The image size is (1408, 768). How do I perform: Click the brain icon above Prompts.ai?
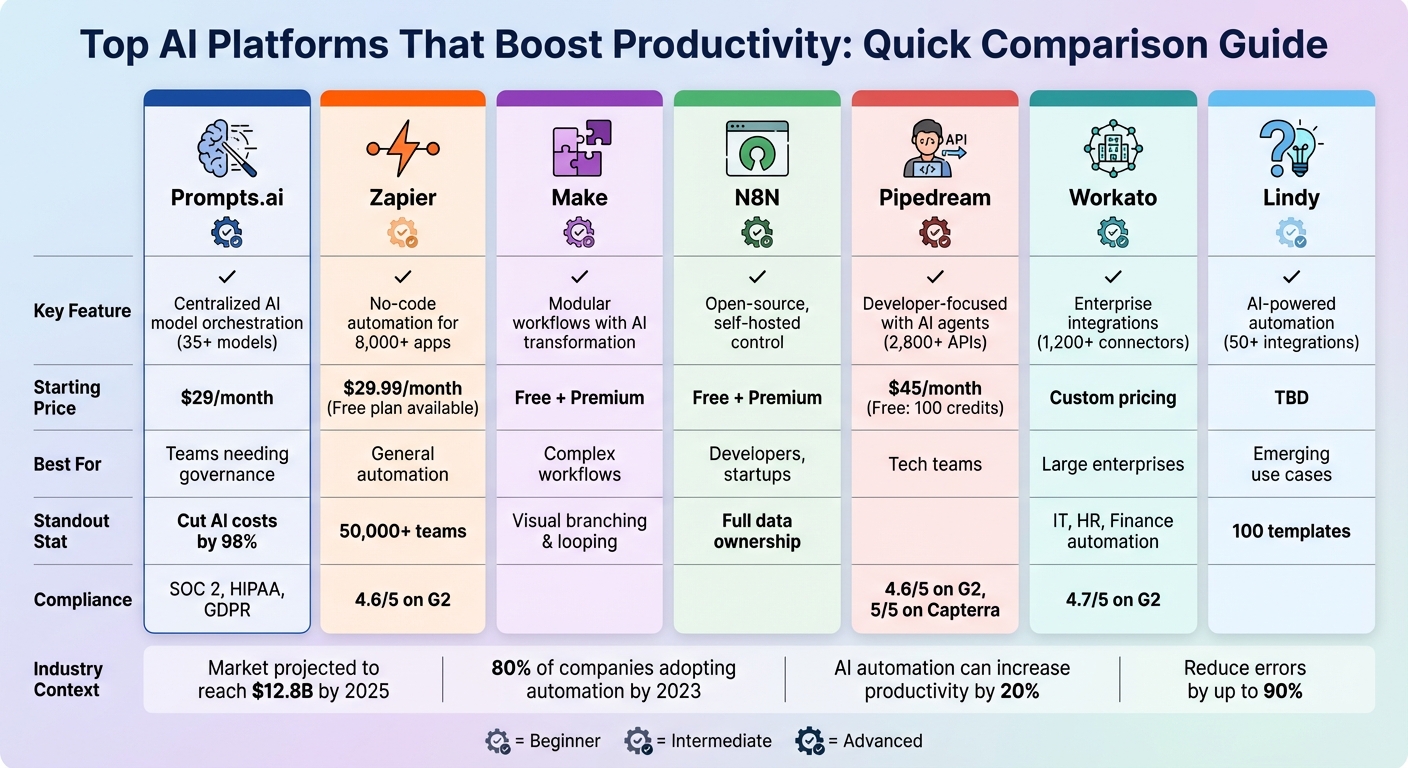[x=226, y=148]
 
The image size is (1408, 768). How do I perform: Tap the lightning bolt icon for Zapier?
[x=402, y=148]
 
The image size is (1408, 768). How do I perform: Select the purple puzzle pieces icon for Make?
[x=581, y=148]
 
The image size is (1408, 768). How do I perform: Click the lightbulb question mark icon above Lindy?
[x=1290, y=148]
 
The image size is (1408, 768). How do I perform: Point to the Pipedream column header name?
[x=935, y=198]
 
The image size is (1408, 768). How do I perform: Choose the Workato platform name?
[x=1112, y=198]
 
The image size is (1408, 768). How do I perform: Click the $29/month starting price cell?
[x=227, y=398]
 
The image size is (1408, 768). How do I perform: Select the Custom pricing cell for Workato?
[x=1112, y=398]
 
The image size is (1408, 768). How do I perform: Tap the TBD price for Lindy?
[x=1291, y=398]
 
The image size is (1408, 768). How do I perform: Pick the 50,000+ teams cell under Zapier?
[x=402, y=531]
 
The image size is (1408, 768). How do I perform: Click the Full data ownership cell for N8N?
[x=757, y=531]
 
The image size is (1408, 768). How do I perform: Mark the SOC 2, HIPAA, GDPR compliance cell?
[x=227, y=599]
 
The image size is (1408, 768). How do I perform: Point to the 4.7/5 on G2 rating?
[x=1112, y=599]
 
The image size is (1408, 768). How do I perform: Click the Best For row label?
[x=68, y=464]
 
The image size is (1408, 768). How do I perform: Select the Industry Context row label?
[x=67, y=679]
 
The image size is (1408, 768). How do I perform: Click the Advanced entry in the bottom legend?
[x=860, y=741]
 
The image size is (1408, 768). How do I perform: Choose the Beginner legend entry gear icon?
[x=497, y=741]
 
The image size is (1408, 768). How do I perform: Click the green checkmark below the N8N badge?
[x=757, y=276]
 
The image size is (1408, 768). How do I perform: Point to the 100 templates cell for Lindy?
[x=1291, y=531]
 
